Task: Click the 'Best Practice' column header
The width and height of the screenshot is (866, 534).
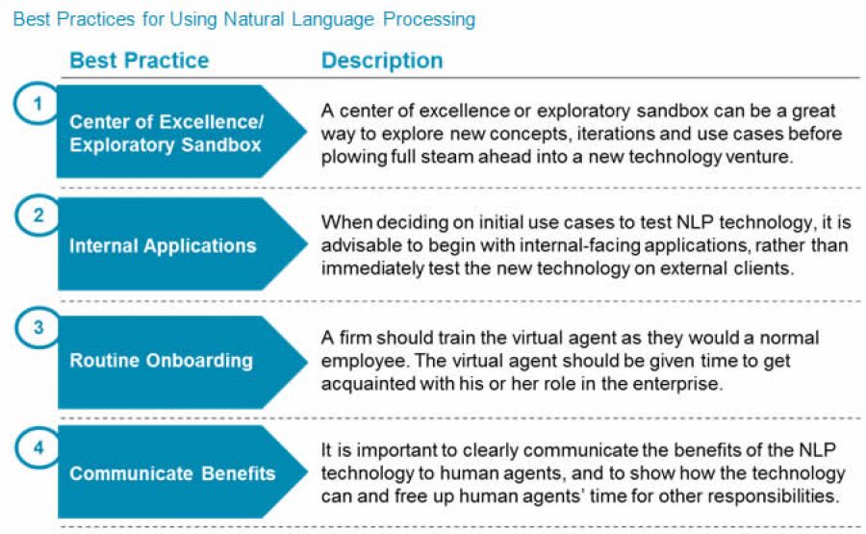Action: point(139,61)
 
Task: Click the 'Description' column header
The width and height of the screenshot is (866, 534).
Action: point(382,61)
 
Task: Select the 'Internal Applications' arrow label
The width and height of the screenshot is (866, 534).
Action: point(163,245)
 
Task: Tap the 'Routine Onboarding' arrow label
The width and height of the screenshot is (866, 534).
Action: point(161,361)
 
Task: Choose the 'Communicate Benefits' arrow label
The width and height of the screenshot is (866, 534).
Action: point(172,473)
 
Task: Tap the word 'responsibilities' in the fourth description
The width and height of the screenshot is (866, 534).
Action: point(781,496)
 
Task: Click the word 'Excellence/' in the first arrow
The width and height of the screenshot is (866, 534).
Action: point(213,123)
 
